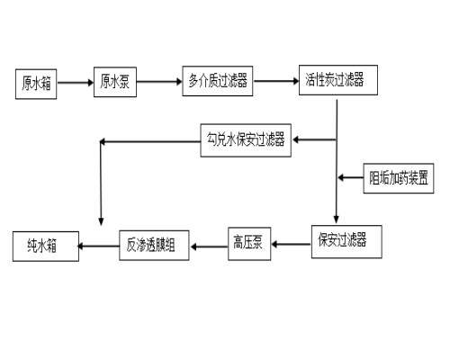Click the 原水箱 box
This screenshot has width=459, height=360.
[x=37, y=83]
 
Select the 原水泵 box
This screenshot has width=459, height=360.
[x=114, y=81]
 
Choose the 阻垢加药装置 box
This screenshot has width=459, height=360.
[x=400, y=177]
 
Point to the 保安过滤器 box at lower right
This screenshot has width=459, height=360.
[x=341, y=240]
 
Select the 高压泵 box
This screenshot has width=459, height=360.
[x=248, y=244]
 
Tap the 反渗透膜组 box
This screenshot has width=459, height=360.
[x=154, y=245]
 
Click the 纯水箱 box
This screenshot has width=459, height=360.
[x=46, y=247]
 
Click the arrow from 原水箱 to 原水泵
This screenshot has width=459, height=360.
[x=75, y=83]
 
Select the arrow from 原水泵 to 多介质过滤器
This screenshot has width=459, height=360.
[x=158, y=82]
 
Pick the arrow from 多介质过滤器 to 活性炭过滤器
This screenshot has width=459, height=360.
[x=275, y=82]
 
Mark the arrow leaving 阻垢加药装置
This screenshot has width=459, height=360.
[x=351, y=177]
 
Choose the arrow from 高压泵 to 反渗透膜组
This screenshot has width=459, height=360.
[x=208, y=245]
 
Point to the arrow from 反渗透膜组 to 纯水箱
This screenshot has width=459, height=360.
[x=99, y=246]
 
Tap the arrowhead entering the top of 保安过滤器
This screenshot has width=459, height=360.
[x=337, y=220]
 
